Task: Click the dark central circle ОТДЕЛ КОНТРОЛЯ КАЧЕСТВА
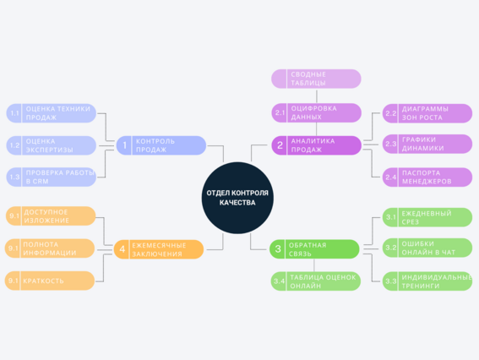[237, 198]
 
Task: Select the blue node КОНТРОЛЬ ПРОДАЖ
[161, 145]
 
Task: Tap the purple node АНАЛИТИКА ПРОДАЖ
[317, 145]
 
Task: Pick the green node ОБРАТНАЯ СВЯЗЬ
[314, 249]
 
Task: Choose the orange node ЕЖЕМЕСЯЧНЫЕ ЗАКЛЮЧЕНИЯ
[159, 249]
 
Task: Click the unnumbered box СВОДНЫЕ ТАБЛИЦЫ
[316, 79]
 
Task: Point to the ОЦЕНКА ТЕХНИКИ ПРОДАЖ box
[52, 113]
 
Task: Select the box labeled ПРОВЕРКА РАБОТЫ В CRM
[52, 177]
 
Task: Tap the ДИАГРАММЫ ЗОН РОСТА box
[427, 113]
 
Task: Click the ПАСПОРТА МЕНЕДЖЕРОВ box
[427, 177]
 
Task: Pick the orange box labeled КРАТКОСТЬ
[50, 281]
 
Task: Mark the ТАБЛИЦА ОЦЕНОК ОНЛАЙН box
[316, 281]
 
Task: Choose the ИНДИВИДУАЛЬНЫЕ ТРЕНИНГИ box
[427, 281]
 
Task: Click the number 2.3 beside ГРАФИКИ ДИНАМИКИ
[390, 144]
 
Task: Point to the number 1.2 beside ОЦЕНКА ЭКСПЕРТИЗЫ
[14, 145]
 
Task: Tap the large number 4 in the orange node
[122, 249]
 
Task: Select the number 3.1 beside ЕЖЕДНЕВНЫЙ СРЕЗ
[390, 217]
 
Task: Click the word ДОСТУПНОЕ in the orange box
[46, 212]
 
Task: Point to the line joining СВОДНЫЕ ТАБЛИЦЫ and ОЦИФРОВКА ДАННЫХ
[317, 96]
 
